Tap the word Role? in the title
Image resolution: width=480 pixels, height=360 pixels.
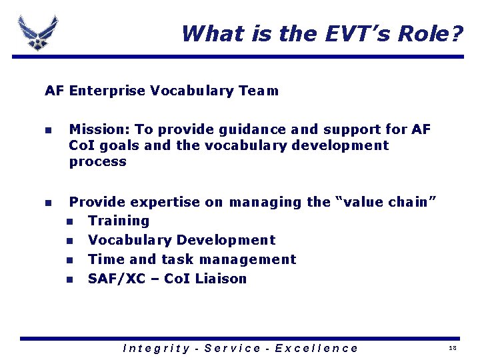[x=429, y=33]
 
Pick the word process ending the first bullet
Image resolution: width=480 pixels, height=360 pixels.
[x=97, y=161]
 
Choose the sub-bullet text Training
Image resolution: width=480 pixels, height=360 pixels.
[x=119, y=221]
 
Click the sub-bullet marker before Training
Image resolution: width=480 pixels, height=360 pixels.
[x=69, y=221]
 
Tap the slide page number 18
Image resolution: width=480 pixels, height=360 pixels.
[x=453, y=349]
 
